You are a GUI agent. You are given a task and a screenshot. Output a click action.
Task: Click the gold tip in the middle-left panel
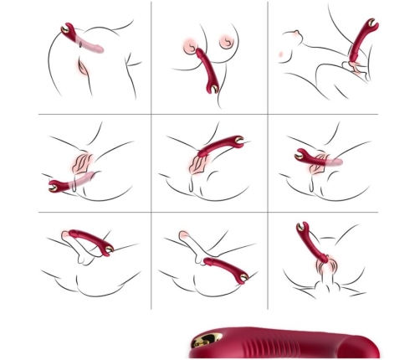coord(53,184)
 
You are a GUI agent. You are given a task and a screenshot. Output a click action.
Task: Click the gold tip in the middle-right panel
coord(301,155)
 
